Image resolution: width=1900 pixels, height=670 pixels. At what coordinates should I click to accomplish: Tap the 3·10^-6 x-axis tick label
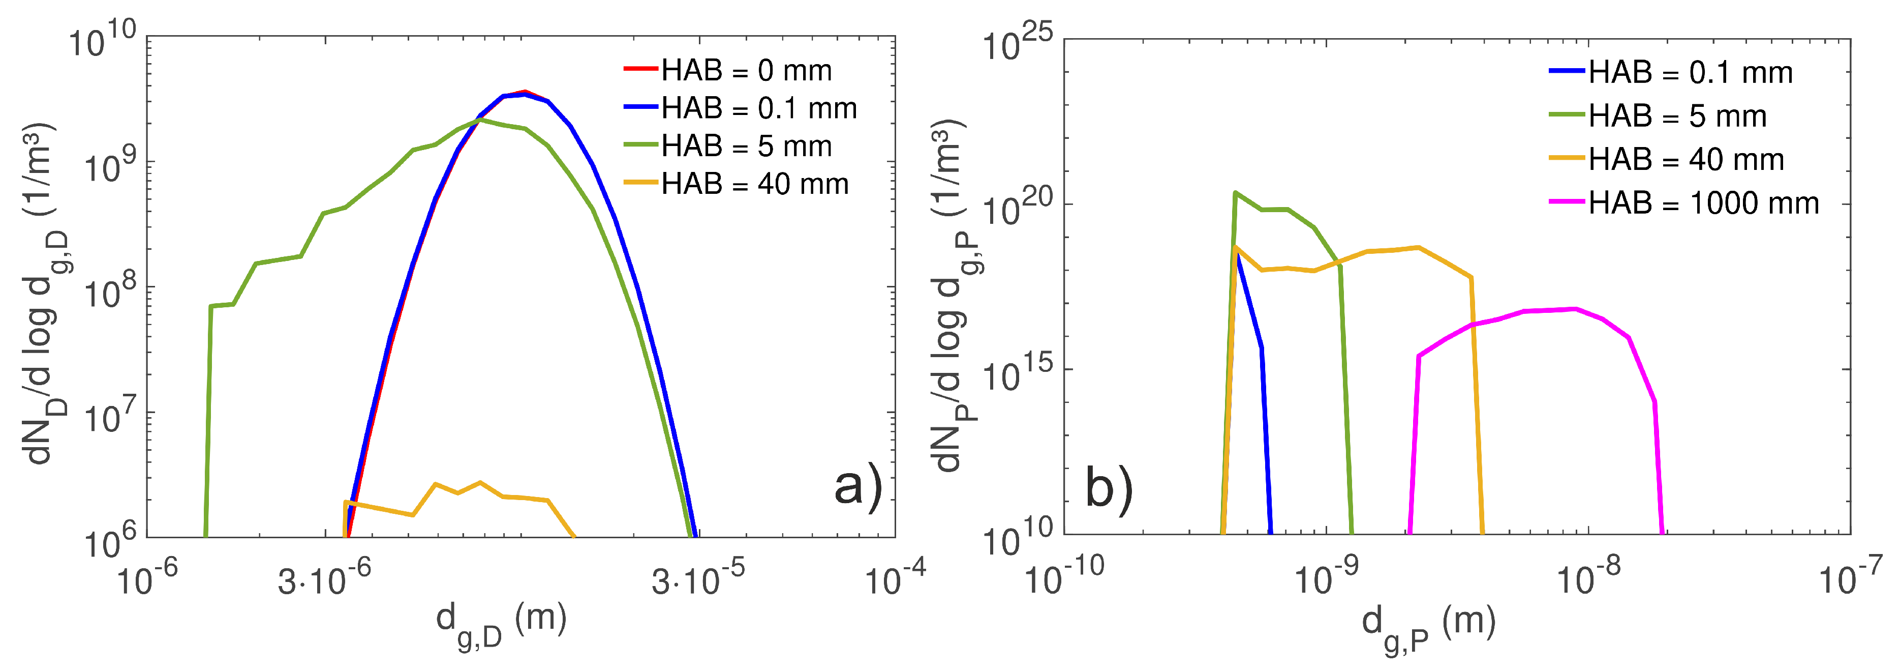coord(324,580)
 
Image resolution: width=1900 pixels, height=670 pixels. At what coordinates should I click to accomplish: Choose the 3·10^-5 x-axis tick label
coord(697,580)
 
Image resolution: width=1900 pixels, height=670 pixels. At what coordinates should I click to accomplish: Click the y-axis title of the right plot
coord(948,295)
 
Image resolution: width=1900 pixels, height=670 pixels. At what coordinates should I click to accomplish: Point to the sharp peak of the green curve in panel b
coord(1236,193)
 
